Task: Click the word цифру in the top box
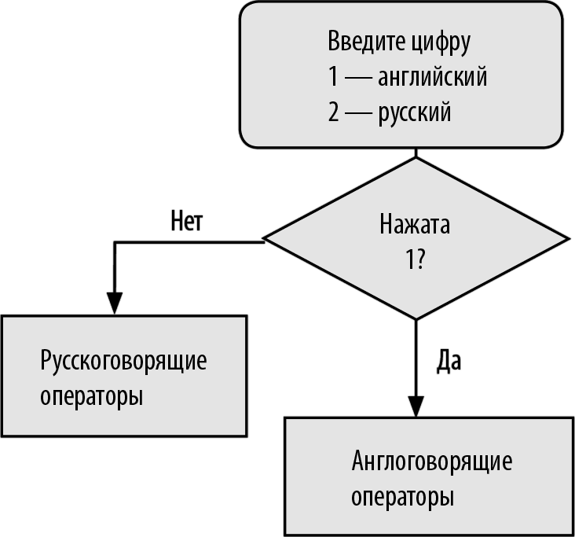(x=440, y=42)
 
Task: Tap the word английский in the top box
(x=432, y=78)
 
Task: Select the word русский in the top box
(x=415, y=113)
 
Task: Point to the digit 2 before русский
(x=335, y=113)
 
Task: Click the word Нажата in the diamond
(x=415, y=226)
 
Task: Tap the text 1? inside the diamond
(x=415, y=260)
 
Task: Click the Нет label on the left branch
(x=187, y=222)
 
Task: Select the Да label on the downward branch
(x=449, y=361)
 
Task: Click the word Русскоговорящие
(x=123, y=362)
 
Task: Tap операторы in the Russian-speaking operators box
(x=91, y=395)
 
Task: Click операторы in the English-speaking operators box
(x=402, y=497)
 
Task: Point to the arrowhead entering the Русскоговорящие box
(x=115, y=304)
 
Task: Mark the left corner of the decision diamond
(x=262, y=240)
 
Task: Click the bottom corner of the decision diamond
(x=416, y=319)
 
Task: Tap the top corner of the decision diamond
(x=416, y=158)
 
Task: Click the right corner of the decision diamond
(x=569, y=240)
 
